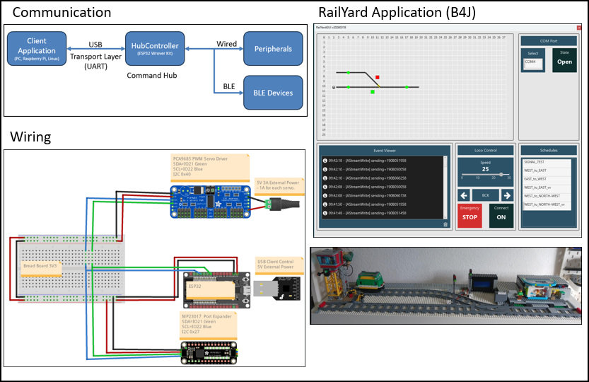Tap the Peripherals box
[268, 49]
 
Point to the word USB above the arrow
[95, 44]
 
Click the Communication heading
[62, 13]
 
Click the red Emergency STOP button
[470, 215]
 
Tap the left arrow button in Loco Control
[464, 195]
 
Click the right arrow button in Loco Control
[507, 195]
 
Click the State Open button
[564, 61]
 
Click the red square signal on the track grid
[378, 77]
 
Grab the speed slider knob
[501, 174]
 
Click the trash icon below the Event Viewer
[445, 224]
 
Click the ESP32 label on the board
[195, 287]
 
